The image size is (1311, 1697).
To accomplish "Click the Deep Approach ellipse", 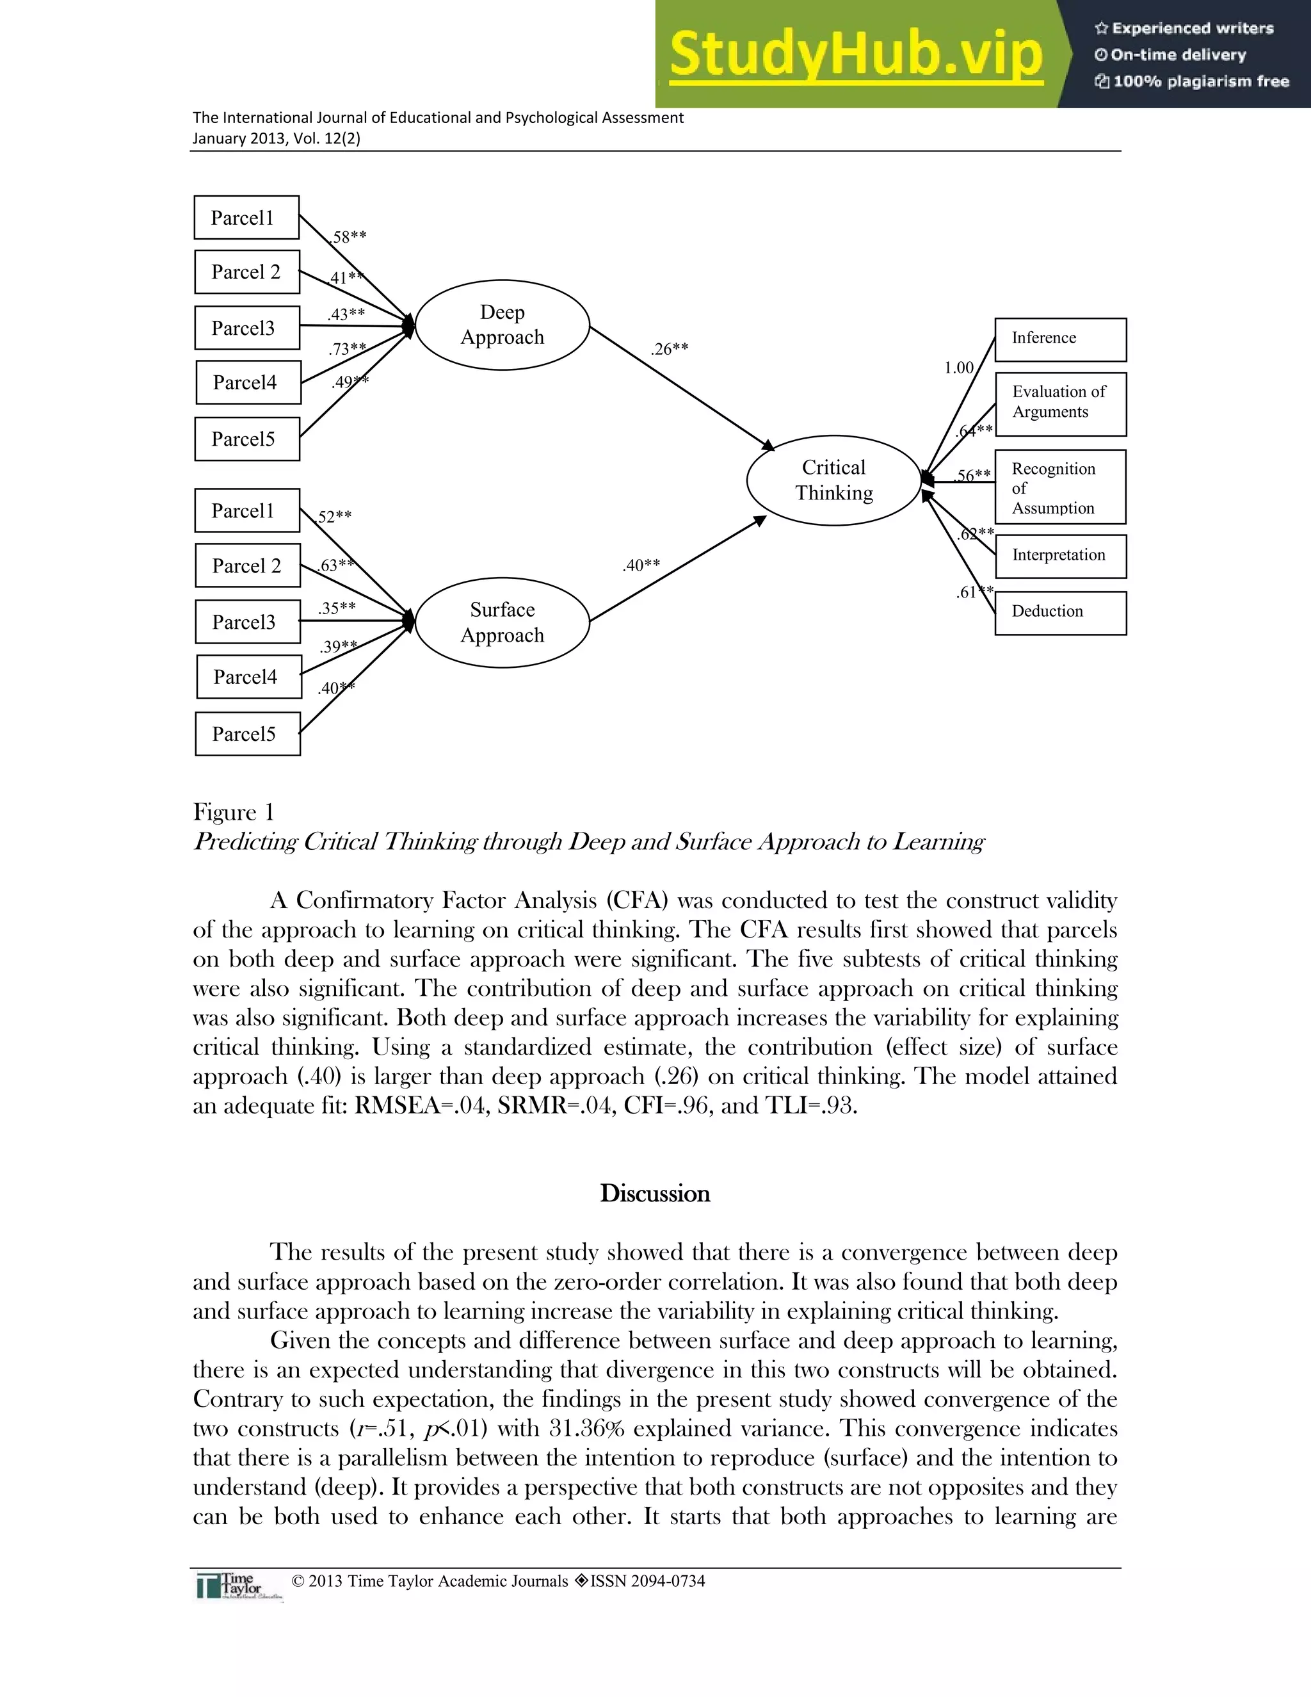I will tap(503, 325).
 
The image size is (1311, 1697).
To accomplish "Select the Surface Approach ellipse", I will tap(503, 622).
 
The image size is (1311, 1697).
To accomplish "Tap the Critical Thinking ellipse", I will tap(833, 480).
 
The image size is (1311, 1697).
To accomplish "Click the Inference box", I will tap(1060, 339).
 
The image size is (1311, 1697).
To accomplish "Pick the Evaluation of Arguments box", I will tap(1060, 404).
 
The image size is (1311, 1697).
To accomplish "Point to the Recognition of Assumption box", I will tap(1060, 487).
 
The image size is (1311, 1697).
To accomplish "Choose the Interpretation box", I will tap(1060, 556).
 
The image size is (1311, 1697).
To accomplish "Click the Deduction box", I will tap(1060, 612).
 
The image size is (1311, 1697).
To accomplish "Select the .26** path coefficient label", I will tap(670, 349).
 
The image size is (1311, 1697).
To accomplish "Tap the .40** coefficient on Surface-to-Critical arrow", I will tap(641, 565).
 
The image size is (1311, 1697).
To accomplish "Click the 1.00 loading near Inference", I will tap(958, 368).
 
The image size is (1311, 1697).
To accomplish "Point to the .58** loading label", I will tap(348, 237).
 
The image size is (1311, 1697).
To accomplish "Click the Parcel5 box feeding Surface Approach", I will tap(248, 733).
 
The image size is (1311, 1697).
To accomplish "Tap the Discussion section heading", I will tap(655, 1194).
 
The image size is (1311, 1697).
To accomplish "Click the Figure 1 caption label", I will tap(234, 813).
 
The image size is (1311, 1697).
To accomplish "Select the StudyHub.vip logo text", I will tap(856, 54).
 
